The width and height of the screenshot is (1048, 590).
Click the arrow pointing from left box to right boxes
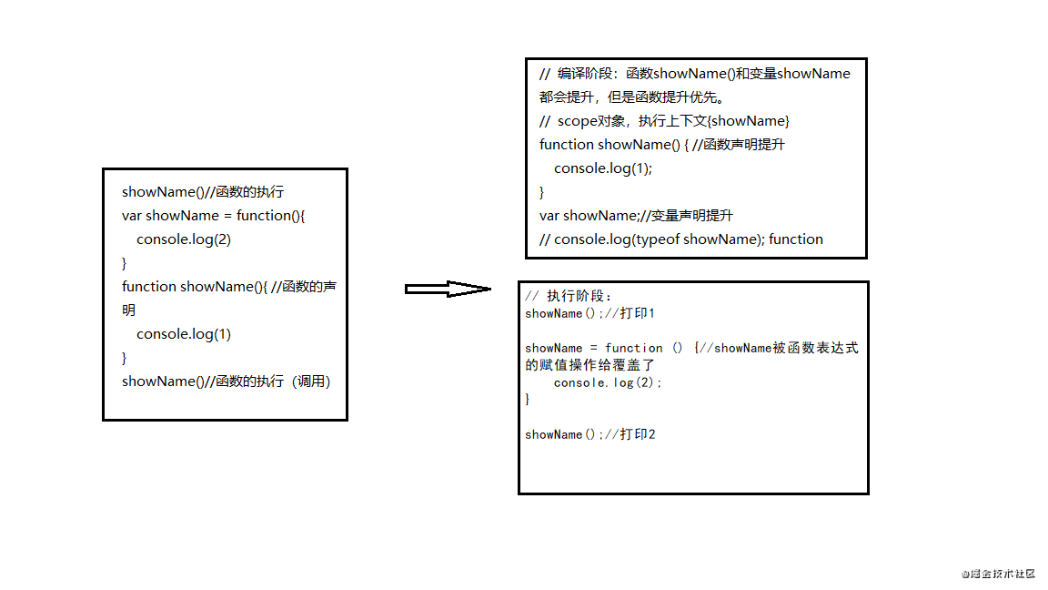pos(448,289)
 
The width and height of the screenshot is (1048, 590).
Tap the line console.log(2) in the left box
pos(184,239)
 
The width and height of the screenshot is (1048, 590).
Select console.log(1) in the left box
pos(184,334)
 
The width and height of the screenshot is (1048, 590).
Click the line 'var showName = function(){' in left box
pos(213,216)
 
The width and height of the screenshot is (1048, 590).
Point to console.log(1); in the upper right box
pos(603,168)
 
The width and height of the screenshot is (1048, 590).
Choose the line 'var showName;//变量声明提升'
pos(636,216)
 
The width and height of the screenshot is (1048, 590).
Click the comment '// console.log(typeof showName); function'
pos(681,239)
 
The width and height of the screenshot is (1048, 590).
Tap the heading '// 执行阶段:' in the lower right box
pos(568,296)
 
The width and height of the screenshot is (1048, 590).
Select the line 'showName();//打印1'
pos(589,313)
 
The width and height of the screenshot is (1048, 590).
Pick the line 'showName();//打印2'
pos(589,434)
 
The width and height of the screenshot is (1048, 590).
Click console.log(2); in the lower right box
pos(607,382)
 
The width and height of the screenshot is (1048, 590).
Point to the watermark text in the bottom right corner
pos(998,574)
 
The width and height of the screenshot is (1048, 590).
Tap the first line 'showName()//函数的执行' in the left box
pos(203,192)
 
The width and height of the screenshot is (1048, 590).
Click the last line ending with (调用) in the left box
pos(226,381)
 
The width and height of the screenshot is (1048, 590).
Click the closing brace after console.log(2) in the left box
pos(125,263)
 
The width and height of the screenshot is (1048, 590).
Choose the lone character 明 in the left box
pos(129,310)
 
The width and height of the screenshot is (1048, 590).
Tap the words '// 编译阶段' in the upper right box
pos(576,74)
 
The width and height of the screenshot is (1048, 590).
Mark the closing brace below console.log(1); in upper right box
pos(542,193)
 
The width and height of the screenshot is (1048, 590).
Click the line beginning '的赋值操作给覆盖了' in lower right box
pos(589,365)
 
